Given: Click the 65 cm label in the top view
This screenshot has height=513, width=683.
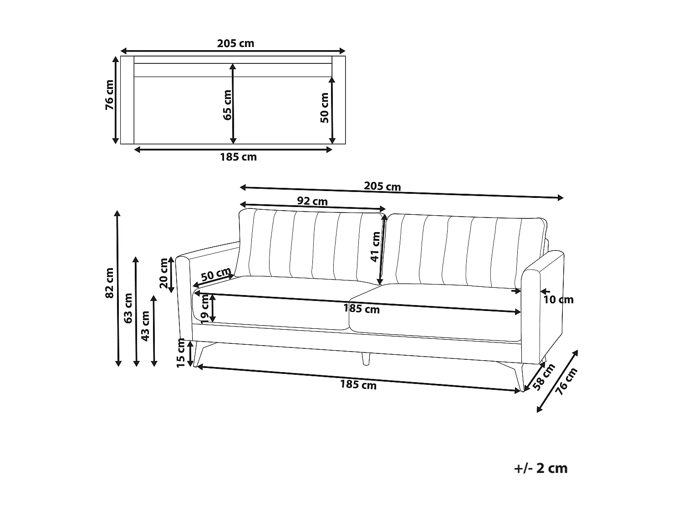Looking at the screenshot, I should [227, 104].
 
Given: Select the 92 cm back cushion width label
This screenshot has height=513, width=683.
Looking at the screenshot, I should [312, 201].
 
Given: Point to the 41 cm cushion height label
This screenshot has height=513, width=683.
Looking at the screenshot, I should [375, 247].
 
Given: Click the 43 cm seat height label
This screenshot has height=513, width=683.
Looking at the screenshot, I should [145, 326].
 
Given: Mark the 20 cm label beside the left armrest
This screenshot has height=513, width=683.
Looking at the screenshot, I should [164, 273].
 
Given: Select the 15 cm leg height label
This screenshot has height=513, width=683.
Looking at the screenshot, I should [181, 352].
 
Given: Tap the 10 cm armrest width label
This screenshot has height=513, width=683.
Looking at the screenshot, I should [559, 300].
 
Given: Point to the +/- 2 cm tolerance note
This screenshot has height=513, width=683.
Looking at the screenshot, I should [541, 468].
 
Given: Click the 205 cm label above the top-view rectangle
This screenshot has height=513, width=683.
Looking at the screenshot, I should [235, 44].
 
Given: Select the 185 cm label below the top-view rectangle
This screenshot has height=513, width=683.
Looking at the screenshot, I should [238, 157].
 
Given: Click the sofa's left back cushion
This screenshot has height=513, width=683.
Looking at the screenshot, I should [310, 246].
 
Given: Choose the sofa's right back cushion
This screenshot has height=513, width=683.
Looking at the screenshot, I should [464, 251].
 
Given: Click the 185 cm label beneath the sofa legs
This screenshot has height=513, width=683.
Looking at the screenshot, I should [358, 385].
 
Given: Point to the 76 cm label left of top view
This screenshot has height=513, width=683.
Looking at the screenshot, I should [110, 95].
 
